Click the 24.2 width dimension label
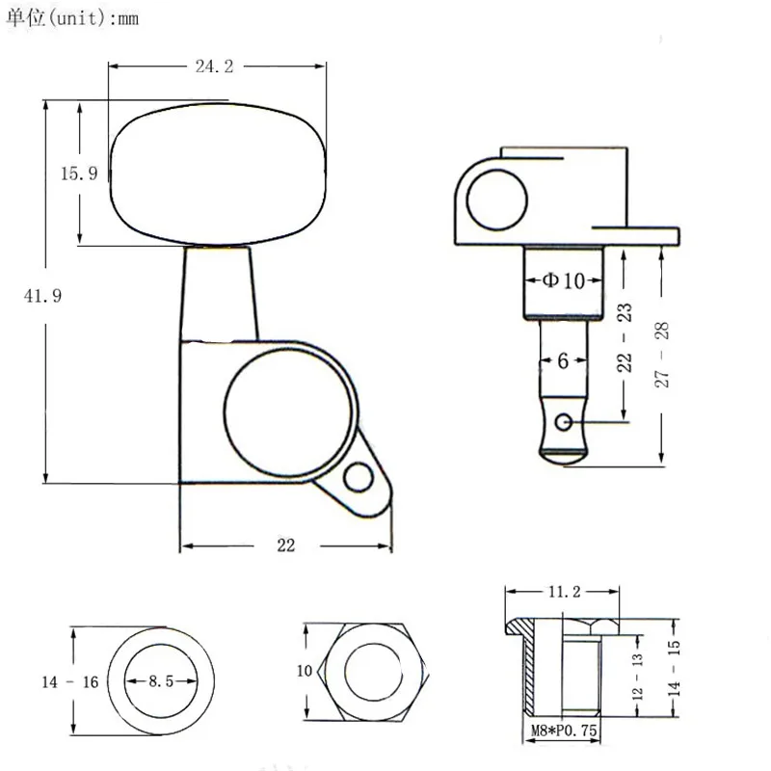pos(214,66)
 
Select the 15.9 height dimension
pos(79,173)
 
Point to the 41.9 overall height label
pos(42,296)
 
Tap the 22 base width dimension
pos(285,545)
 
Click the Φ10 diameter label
pos(564,280)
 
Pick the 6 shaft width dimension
pos(563,360)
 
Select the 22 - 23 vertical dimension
pos(624,337)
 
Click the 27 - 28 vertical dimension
pos(662,355)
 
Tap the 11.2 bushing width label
pos(565,591)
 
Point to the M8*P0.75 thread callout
pos(564,731)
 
